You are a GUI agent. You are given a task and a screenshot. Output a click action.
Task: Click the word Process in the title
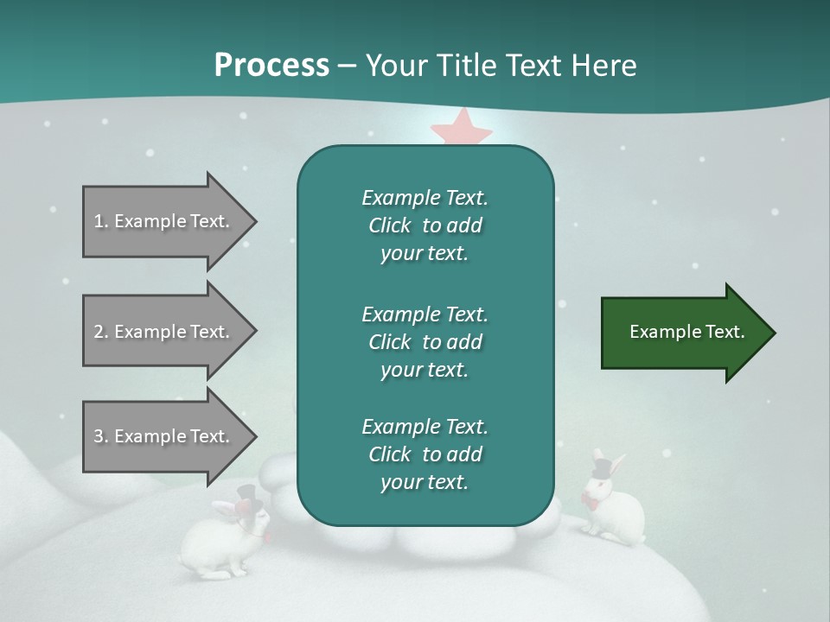(271, 66)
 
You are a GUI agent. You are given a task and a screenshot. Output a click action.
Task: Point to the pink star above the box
(462, 128)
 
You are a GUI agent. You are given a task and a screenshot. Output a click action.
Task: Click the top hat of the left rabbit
(247, 496)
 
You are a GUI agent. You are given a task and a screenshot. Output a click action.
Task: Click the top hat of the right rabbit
(603, 466)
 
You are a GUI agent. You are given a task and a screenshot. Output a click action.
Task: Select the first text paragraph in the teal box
(425, 225)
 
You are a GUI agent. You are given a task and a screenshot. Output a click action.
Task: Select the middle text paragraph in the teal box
(425, 342)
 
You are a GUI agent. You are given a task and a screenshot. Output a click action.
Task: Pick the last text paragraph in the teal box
(425, 454)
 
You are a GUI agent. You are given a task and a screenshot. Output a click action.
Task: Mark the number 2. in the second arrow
(101, 332)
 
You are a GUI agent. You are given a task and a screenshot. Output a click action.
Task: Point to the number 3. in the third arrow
(101, 436)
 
